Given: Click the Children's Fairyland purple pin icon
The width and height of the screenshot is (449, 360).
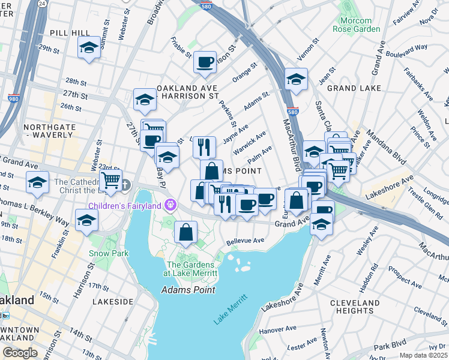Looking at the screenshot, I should pos(170,205).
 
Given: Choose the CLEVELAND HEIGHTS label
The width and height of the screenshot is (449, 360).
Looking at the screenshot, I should pos(355,307).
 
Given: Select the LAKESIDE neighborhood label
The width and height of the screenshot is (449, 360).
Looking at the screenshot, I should pos(113,301).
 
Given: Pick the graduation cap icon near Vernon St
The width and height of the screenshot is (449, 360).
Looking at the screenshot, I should pos(296,79).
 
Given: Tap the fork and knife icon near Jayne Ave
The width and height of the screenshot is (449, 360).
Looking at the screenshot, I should pos(204,146).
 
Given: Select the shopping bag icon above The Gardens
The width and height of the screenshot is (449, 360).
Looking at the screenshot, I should pos(187,232).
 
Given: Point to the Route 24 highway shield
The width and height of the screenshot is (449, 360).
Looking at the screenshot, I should pos(42,3).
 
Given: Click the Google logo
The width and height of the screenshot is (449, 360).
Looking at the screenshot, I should pos(20,353).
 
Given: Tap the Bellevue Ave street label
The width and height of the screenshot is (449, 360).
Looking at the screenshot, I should pos(246,241).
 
